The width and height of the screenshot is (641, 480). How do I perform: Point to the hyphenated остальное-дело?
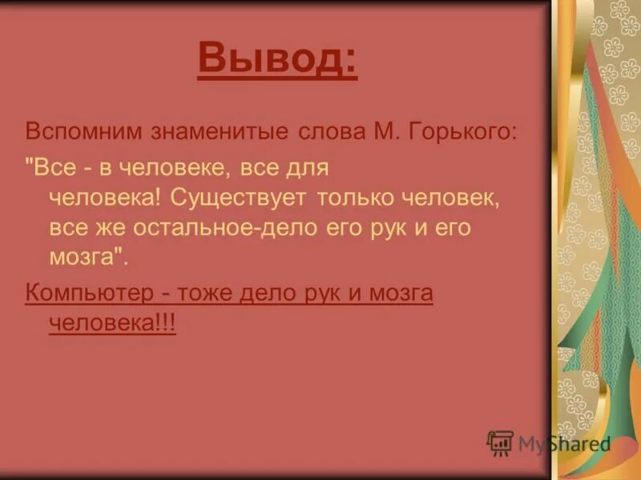pyautogui.click(x=212, y=226)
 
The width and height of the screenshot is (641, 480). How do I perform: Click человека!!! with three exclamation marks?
pyautogui.click(x=112, y=322)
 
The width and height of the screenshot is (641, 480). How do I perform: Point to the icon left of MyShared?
pyautogui.click(x=500, y=442)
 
